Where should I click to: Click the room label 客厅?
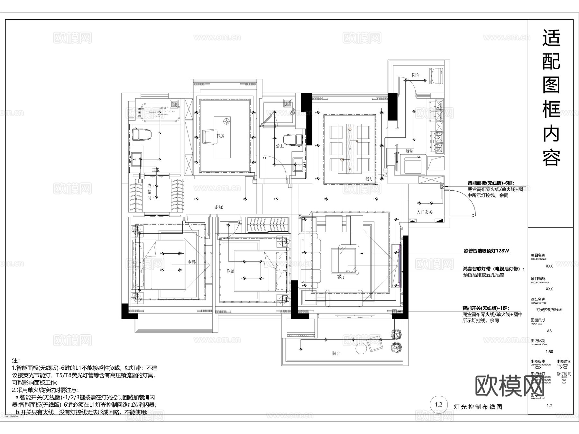click(x=341, y=277)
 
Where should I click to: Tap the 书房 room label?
click(x=220, y=136)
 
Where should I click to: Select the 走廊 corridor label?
click(x=219, y=207)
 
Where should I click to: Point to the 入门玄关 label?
click(x=425, y=212)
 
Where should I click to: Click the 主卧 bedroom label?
click(x=192, y=263)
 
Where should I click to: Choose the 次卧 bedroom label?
click(x=231, y=271)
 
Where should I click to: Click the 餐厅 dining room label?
click(x=369, y=179)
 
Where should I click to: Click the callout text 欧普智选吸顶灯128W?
click(x=486, y=251)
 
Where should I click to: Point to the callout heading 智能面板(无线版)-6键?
click(x=491, y=183)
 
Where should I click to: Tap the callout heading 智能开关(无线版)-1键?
click(x=486, y=308)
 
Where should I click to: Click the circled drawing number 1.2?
click(x=439, y=405)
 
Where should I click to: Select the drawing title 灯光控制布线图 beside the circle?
click(x=477, y=407)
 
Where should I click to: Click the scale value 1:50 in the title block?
click(x=549, y=352)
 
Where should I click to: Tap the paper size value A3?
click(x=549, y=331)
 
